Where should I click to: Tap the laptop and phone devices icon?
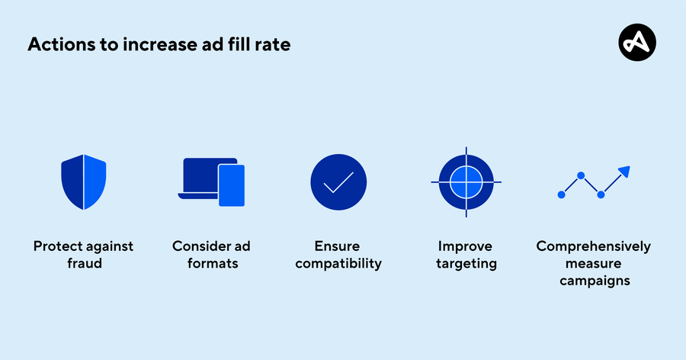point(211,182)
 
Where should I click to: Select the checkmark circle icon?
point(338,182)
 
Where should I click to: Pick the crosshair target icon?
point(466,182)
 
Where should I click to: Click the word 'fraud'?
point(84,264)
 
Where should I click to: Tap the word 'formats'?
point(211,264)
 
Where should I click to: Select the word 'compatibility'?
point(338,264)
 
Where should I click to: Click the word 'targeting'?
point(466,264)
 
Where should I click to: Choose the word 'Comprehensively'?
point(593,246)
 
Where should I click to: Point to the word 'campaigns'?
point(593,281)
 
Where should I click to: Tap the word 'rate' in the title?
point(272,44)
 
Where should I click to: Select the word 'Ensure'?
point(338,246)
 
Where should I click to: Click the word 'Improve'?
point(466,246)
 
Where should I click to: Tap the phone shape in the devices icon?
point(232,185)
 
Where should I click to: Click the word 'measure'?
point(593,264)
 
